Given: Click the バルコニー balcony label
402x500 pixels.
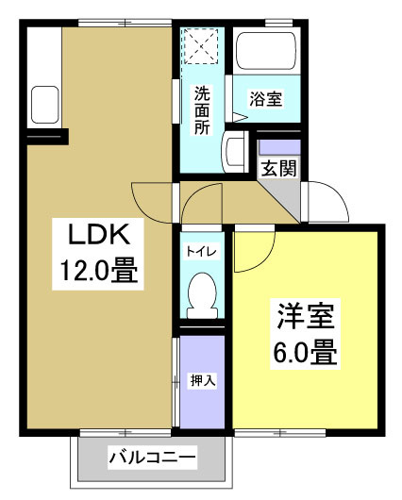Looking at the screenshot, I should point(153,459).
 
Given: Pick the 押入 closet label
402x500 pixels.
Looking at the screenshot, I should point(203,381).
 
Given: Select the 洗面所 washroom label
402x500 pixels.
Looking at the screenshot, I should point(203,110).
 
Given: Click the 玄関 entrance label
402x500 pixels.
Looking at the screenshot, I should point(280,169).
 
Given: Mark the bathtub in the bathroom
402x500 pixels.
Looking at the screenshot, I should point(266,53).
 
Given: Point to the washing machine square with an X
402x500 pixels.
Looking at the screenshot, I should point(202,45).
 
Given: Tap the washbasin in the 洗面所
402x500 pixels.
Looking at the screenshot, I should point(235,149).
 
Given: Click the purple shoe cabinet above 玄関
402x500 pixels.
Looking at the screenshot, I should point(279,148).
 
